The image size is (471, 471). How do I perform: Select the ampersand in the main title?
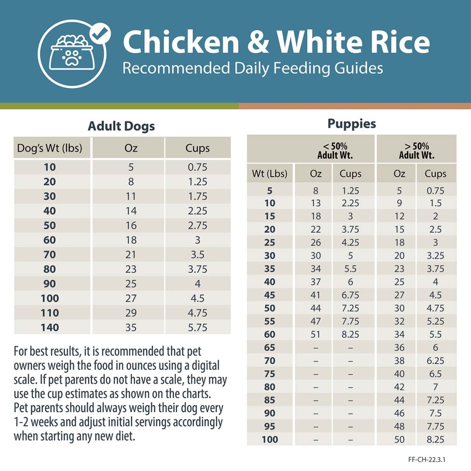click(259, 42)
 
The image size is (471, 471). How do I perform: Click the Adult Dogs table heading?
click(121, 126)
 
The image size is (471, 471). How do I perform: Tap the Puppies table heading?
click(351, 124)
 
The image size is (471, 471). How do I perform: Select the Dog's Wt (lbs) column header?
click(50, 148)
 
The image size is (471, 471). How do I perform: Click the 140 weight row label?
click(50, 327)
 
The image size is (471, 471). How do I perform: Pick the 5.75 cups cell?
click(198, 327)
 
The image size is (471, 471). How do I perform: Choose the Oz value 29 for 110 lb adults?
click(131, 313)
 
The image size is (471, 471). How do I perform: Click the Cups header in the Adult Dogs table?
click(198, 148)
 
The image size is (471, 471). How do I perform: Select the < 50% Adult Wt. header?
click(335, 151)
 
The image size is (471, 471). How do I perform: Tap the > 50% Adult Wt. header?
click(416, 151)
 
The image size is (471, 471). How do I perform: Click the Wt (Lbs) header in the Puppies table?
click(270, 174)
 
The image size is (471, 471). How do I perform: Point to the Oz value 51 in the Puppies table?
click(315, 334)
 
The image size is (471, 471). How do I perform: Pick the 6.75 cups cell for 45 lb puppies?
click(350, 295)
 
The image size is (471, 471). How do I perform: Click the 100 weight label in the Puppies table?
click(270, 439)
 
